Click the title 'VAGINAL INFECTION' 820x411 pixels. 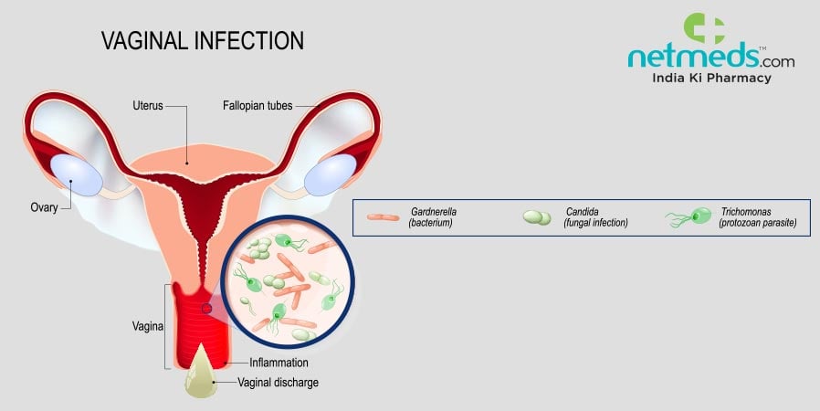[x=201, y=42]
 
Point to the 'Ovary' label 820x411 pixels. [x=44, y=207]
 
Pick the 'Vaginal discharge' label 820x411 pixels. [x=279, y=383]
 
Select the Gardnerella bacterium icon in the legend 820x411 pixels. [x=383, y=217]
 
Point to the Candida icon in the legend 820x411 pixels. [x=537, y=217]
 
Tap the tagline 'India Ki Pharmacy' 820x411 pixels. [x=711, y=79]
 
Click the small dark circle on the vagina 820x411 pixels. [x=206, y=309]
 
